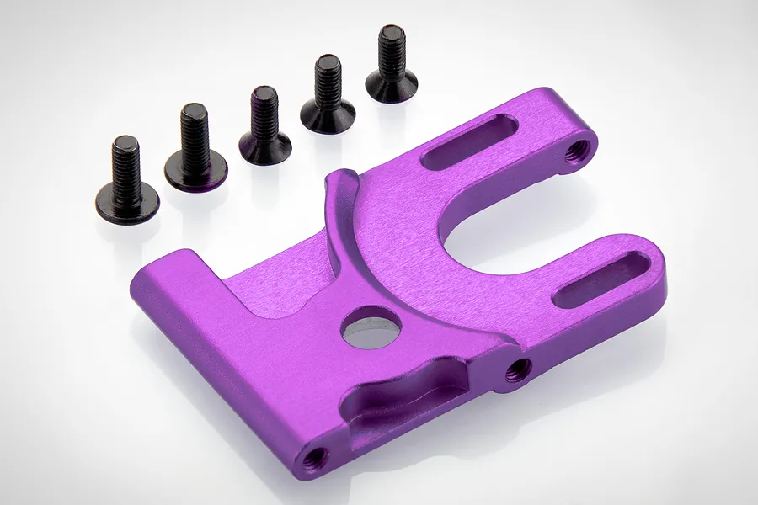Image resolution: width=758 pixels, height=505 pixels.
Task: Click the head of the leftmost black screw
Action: pos(127,201)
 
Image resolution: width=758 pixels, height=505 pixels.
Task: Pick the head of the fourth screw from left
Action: pos(325,112)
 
